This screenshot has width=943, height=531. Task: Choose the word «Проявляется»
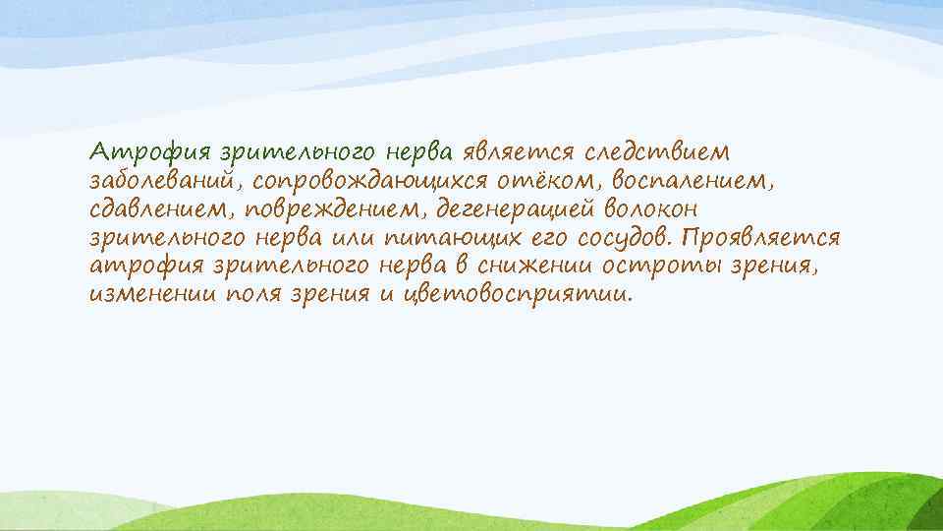[x=762, y=239]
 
